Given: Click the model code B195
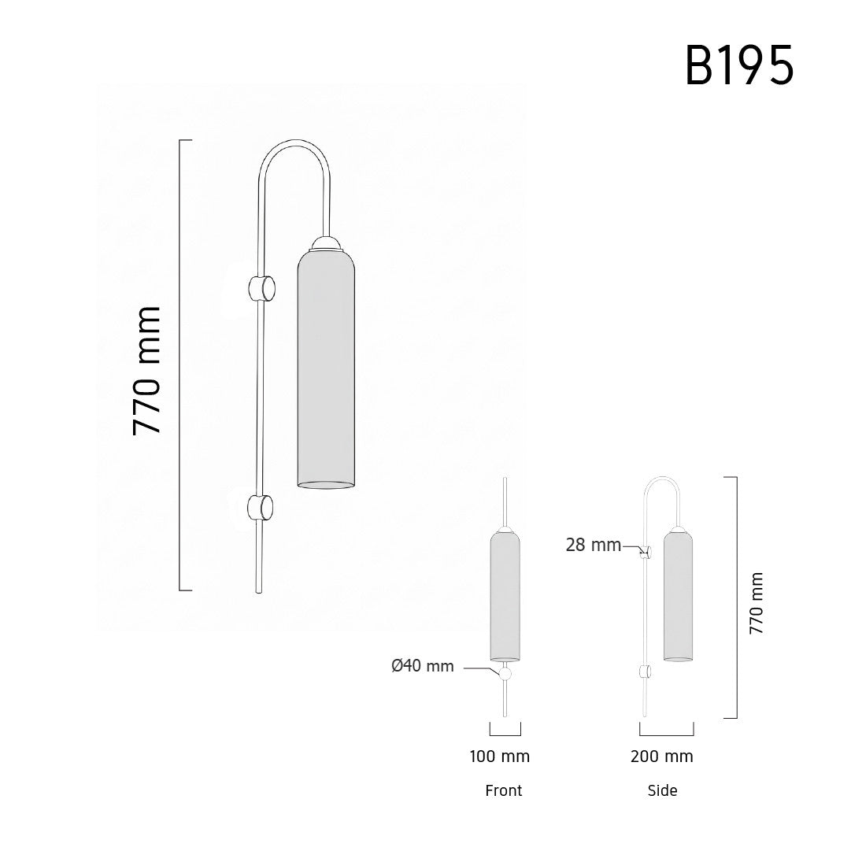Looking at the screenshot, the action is click(739, 65).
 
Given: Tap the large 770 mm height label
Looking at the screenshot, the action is click(147, 372).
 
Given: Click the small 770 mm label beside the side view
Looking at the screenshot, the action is click(756, 603).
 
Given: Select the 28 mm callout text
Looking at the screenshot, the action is click(594, 545).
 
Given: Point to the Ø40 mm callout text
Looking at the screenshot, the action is click(422, 666).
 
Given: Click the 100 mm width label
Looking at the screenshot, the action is click(499, 757).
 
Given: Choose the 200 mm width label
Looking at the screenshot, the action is click(661, 757).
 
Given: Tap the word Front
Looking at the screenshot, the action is click(504, 790).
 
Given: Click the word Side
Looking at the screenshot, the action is click(662, 790).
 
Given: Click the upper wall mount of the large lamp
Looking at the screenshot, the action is click(261, 288).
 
